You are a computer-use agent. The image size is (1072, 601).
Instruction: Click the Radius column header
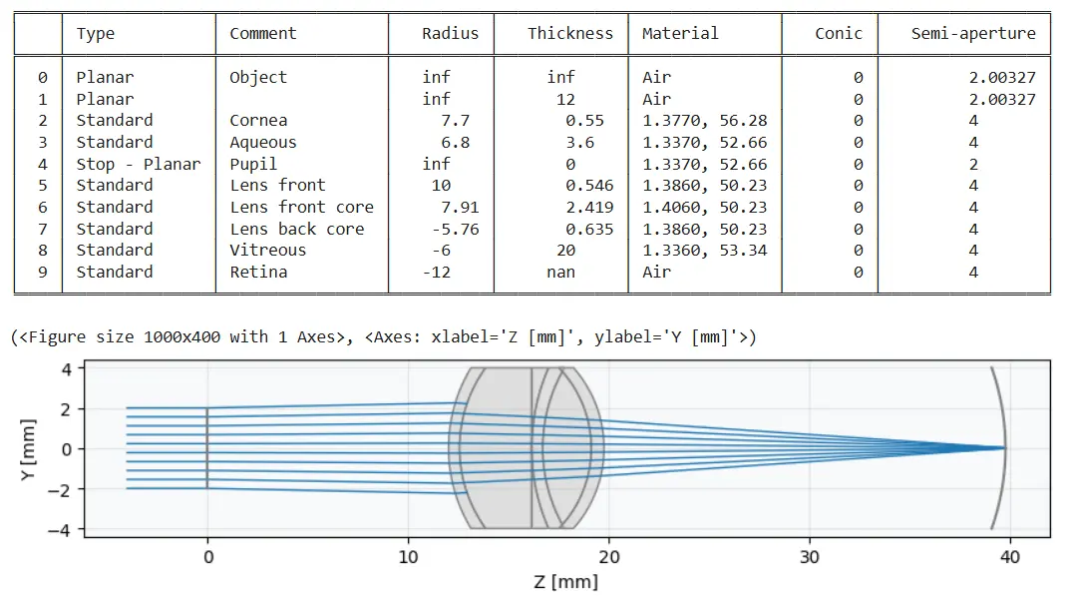point(450,33)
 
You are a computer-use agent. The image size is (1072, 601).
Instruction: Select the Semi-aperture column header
point(973,33)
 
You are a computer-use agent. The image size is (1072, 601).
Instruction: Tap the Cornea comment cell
point(258,120)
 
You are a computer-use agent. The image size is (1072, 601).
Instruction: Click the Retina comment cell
point(258,272)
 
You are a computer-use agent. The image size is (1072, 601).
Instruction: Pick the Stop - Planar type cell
point(138,164)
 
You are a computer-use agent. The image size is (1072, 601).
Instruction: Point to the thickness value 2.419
point(589,207)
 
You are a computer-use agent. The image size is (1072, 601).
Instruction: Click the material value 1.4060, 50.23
point(704,207)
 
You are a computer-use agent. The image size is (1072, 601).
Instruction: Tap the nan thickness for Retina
point(561,272)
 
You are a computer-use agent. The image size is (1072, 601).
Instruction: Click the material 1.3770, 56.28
point(704,120)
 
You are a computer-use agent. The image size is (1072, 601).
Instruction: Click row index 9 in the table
point(42,272)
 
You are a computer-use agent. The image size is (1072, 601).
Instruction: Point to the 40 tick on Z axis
point(1009,556)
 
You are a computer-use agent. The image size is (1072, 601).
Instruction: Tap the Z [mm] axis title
point(565,581)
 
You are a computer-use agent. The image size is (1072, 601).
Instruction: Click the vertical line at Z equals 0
point(207,448)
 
